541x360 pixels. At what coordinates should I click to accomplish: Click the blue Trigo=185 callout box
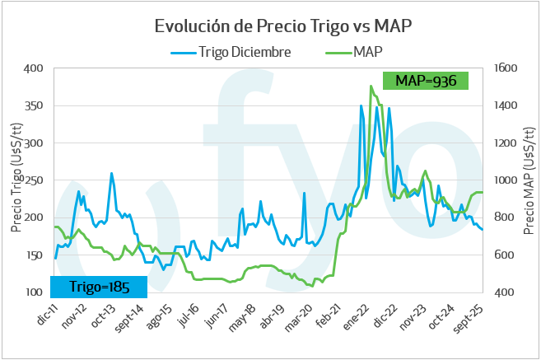[x=99, y=286]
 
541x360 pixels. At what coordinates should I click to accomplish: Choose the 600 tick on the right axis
[x=503, y=255]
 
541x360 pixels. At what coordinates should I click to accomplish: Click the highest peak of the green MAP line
[x=371, y=86]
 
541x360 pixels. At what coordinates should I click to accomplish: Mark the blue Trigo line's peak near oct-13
[x=112, y=173]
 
